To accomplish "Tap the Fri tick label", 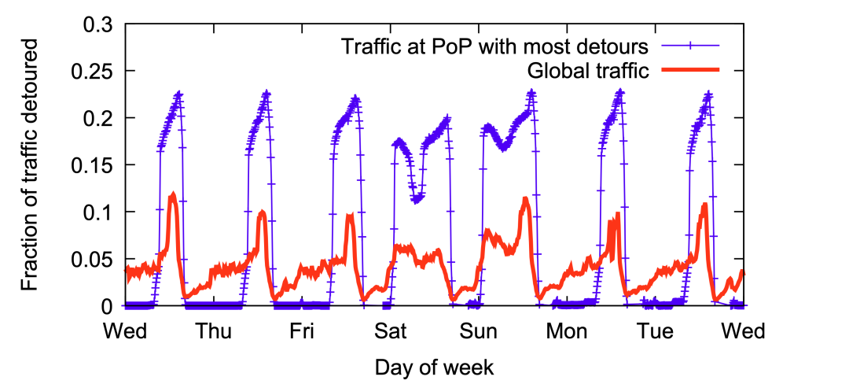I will coord(303,332).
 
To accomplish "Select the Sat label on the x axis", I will coord(391,332).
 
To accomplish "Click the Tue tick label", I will coord(656,332).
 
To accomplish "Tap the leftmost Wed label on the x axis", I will coord(126,332).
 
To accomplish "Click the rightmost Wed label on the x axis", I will coord(744,332).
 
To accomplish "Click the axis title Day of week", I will coord(434,367).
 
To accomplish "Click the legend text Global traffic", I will coord(587,70).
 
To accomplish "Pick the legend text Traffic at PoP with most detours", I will coord(495,46).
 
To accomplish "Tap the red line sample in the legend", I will coord(690,70).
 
